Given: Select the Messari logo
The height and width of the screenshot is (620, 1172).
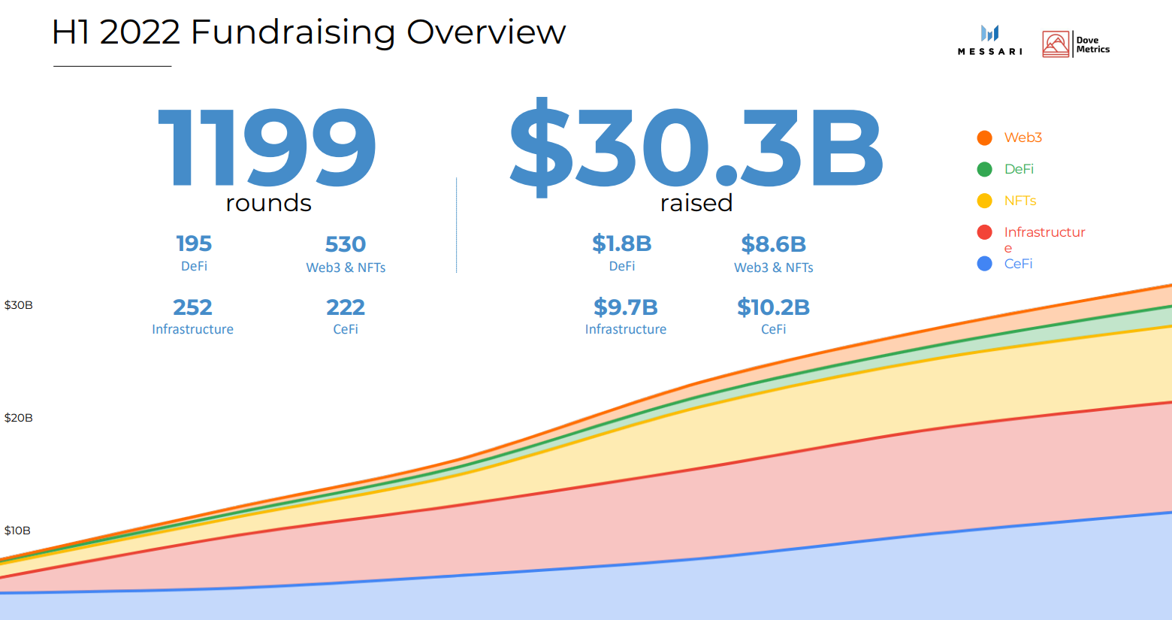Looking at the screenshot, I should pyautogui.click(x=989, y=40).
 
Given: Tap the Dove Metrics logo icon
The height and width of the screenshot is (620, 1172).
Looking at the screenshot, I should pyautogui.click(x=1056, y=44).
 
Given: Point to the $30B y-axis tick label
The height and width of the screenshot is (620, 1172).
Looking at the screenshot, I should pyautogui.click(x=19, y=305).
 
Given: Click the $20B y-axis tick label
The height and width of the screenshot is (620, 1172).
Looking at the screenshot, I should pyautogui.click(x=19, y=418).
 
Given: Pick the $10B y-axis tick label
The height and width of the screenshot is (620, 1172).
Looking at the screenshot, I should pyautogui.click(x=18, y=531).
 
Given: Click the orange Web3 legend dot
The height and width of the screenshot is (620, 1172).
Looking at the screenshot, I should pyautogui.click(x=984, y=138).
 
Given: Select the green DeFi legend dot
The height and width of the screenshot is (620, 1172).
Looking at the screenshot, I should pyautogui.click(x=984, y=169).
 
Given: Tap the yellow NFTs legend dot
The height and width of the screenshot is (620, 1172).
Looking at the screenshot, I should pyautogui.click(x=984, y=201).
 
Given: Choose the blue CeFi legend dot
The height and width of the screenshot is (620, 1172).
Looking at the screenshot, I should pyautogui.click(x=984, y=264).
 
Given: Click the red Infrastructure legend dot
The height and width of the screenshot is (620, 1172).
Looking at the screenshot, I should pyautogui.click(x=984, y=232).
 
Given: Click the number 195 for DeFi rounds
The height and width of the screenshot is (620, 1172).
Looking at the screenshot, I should pyautogui.click(x=194, y=243).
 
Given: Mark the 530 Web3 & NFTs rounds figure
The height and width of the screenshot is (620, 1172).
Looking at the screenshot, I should pyautogui.click(x=346, y=244).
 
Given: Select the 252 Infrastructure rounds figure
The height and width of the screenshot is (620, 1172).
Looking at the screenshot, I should pyautogui.click(x=192, y=307).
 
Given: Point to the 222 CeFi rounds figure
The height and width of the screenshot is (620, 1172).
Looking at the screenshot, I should pyautogui.click(x=346, y=307).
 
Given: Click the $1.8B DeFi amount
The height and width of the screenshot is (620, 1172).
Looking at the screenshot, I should pyautogui.click(x=622, y=243).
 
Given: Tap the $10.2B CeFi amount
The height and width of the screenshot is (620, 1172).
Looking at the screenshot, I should pyautogui.click(x=773, y=307).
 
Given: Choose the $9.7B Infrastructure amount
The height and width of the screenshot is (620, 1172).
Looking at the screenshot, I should pyautogui.click(x=626, y=307).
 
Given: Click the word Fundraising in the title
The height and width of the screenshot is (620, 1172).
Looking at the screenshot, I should pyautogui.click(x=293, y=32).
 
